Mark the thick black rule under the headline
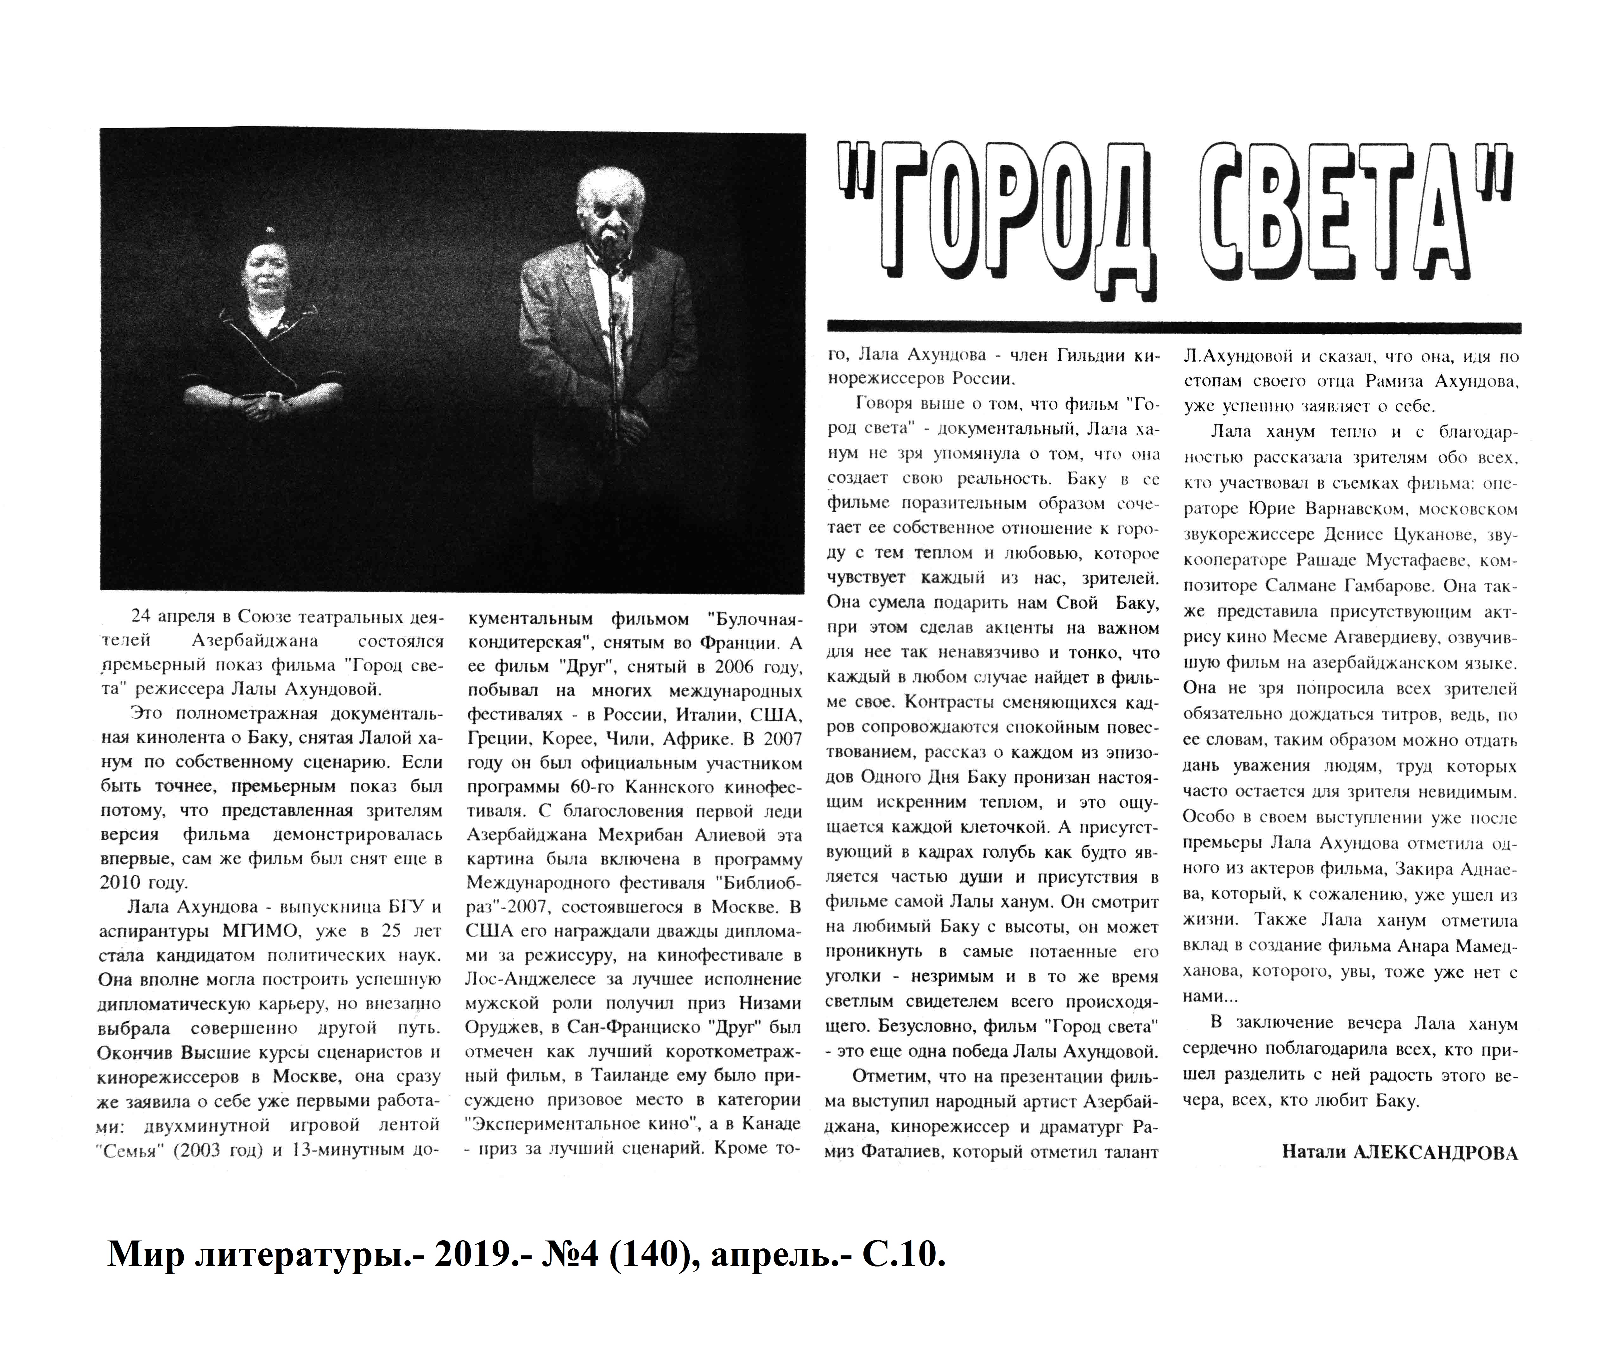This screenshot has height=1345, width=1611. click(x=1174, y=327)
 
